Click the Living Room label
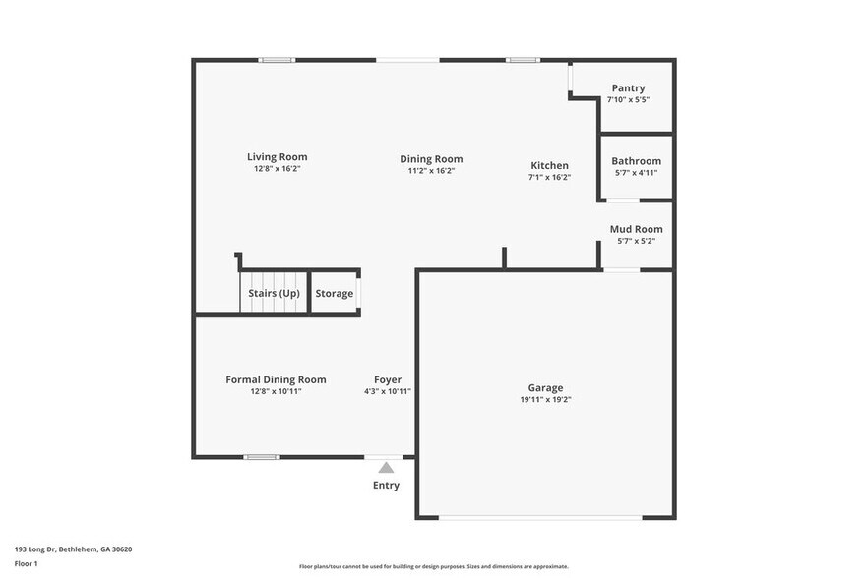(x=277, y=157)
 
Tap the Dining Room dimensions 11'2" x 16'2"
(x=431, y=171)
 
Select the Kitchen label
(x=549, y=165)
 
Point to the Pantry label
(x=628, y=88)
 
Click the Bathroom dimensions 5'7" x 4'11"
(x=636, y=173)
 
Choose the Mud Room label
(x=636, y=229)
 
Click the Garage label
(x=545, y=388)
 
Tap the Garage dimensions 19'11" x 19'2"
(x=545, y=400)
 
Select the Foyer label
(x=387, y=379)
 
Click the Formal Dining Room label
(x=276, y=379)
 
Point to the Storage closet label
(x=334, y=294)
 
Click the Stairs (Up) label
(x=274, y=294)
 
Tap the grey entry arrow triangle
(x=386, y=468)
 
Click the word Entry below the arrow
(x=386, y=486)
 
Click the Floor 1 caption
(x=26, y=564)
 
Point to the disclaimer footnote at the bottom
(x=433, y=567)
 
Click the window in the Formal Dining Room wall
(x=262, y=456)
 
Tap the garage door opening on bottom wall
(x=539, y=517)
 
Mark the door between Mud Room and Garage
(x=621, y=269)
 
